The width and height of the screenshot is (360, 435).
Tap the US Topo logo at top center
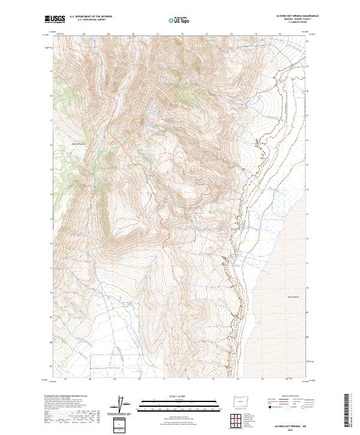click(175, 20)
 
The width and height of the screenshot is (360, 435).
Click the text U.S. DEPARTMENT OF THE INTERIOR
click(91, 17)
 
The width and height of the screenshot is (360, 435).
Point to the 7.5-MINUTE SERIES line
click(301, 23)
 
